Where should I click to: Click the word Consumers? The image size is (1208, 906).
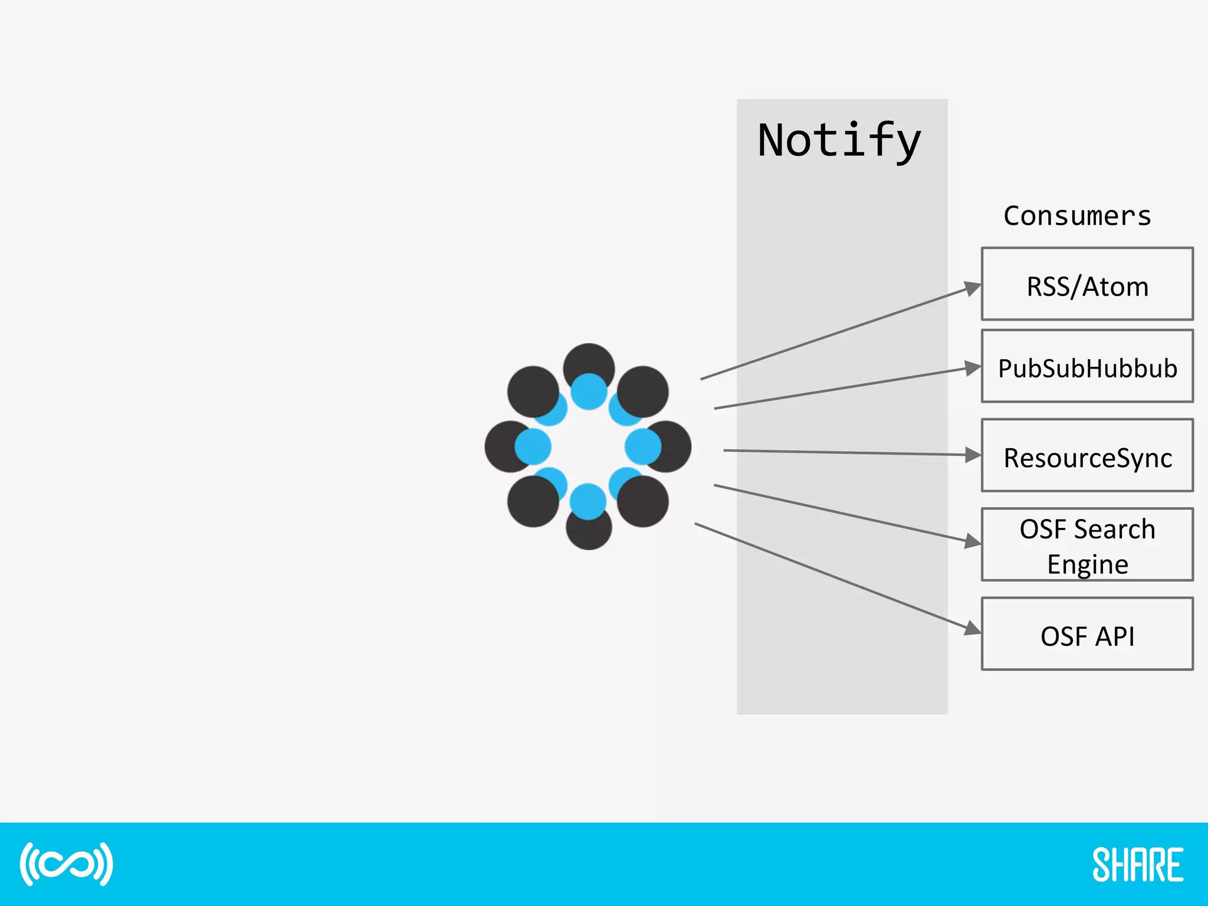point(1077,216)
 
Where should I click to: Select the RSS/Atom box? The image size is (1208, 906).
point(1087,284)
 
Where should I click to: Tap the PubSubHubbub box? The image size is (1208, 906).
point(1087,367)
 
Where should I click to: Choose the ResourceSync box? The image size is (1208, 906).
point(1087,456)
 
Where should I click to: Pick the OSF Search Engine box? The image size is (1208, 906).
point(1087,545)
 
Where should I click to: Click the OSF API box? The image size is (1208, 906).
point(1087,635)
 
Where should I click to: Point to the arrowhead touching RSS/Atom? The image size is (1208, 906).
point(971,288)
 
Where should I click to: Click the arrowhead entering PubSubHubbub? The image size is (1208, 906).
point(973,368)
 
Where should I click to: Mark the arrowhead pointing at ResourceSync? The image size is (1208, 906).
point(973,455)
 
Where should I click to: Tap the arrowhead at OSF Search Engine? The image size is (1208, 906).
point(972,541)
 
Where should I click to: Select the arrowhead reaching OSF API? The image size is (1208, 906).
point(971,628)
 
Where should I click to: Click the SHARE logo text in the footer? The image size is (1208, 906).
point(1137,865)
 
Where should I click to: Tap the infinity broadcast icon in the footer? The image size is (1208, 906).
point(66,864)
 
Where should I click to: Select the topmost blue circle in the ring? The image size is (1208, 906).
point(589,392)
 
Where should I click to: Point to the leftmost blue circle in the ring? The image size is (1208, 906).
point(533,447)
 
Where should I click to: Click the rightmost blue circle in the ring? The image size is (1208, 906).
point(643,447)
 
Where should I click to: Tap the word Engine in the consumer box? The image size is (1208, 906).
point(1088,564)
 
